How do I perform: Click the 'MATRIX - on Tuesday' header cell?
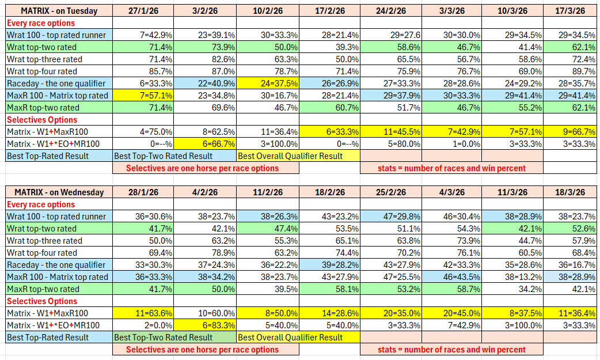[x=59, y=11]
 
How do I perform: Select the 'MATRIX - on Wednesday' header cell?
[x=59, y=192]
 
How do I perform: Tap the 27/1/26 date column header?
[x=143, y=11]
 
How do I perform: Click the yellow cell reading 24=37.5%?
[x=267, y=83]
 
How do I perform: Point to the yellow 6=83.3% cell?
[x=205, y=325]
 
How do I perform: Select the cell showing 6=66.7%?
[x=205, y=144]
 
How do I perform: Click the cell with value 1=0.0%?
[x=451, y=144]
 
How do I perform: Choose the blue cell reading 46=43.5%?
[x=451, y=277]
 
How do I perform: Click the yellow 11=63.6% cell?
[x=143, y=313]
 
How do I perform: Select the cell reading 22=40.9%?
[x=205, y=83]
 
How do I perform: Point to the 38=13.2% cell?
[x=512, y=277]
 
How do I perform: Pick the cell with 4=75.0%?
[x=143, y=132]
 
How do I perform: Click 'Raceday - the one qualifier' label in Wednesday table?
[x=56, y=265]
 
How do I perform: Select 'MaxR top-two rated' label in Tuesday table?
[x=43, y=108]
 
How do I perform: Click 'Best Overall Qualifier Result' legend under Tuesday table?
[x=290, y=156]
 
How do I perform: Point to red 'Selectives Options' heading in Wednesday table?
[x=41, y=301]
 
